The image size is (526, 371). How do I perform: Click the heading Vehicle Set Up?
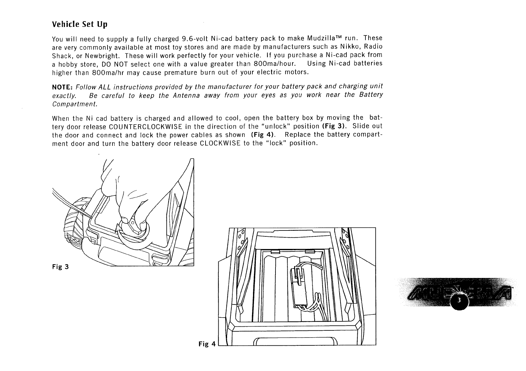click(79, 24)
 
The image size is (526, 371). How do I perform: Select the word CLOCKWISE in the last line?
click(220, 143)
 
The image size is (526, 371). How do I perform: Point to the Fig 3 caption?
click(60, 267)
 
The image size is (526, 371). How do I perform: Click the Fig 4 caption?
click(207, 344)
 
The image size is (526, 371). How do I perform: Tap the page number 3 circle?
click(459, 300)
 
